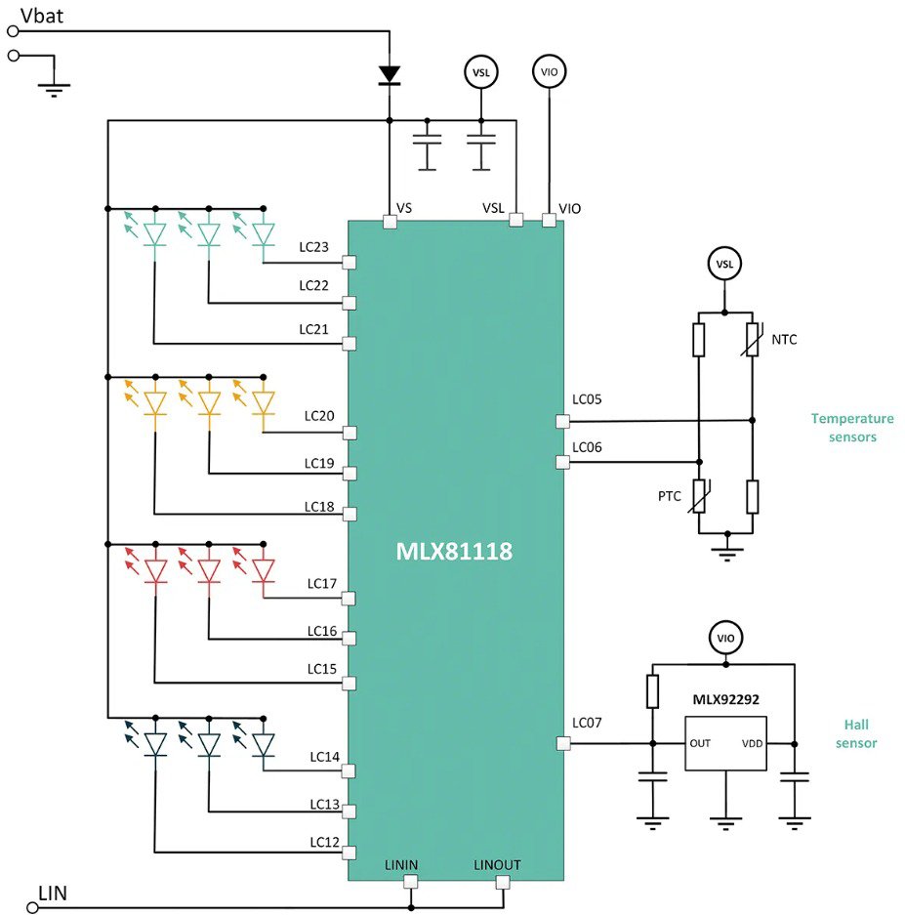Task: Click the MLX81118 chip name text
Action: (454, 553)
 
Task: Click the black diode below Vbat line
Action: (390, 74)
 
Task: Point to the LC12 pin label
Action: (325, 841)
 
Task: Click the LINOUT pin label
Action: (497, 865)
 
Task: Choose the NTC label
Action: (784, 340)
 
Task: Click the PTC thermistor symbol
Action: (700, 496)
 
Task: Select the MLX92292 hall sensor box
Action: (724, 743)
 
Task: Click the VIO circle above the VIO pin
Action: (549, 71)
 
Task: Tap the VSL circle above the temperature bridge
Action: (724, 264)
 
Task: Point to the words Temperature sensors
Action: (851, 428)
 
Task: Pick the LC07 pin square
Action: (562, 743)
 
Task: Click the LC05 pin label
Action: (587, 399)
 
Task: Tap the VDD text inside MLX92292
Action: (753, 743)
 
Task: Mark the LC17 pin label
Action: (321, 584)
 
